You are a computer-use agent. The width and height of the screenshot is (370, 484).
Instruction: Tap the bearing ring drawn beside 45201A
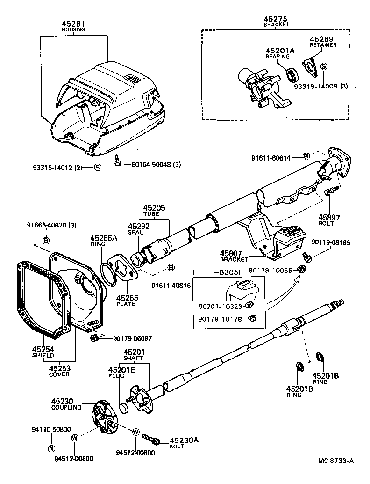[292, 73]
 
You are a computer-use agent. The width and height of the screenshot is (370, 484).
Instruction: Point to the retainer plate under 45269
[310, 66]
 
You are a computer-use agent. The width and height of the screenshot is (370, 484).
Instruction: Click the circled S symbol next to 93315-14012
[97, 168]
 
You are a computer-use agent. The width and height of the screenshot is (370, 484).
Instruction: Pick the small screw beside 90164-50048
[118, 162]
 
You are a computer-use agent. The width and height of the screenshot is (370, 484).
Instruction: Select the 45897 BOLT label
[329, 220]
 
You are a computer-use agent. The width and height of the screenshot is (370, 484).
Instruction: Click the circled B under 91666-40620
[46, 241]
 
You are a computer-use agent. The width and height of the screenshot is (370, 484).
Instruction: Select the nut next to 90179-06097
[94, 337]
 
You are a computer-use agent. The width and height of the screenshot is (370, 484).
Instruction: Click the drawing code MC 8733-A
[335, 460]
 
